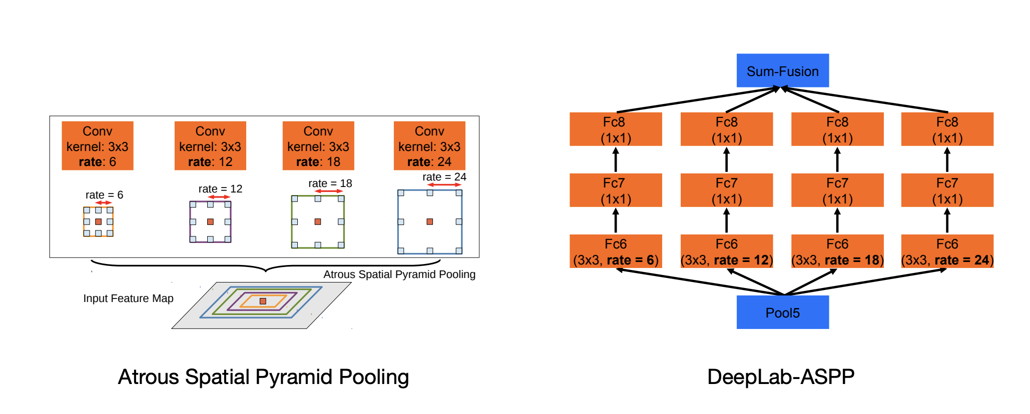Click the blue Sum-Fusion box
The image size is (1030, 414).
click(x=782, y=70)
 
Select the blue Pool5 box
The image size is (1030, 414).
click(x=782, y=312)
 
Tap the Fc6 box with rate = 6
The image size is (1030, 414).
click(x=616, y=251)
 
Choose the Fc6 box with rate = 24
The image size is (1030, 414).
click(x=947, y=251)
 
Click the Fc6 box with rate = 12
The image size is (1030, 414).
click(x=726, y=251)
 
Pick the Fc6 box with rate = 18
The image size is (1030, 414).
click(x=837, y=251)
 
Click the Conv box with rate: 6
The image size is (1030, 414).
click(x=98, y=145)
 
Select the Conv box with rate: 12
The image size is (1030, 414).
click(x=210, y=145)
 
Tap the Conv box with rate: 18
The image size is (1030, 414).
click(x=318, y=145)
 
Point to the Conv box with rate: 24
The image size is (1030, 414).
click(x=429, y=145)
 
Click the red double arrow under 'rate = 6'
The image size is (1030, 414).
click(x=104, y=202)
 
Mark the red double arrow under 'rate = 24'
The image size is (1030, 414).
click(x=444, y=185)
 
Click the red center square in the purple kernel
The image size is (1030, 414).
click(x=210, y=221)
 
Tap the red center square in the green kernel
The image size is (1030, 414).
click(x=318, y=221)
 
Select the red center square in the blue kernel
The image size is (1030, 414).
click(x=429, y=221)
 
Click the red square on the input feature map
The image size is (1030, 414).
click(x=263, y=301)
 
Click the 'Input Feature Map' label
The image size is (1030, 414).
click(x=128, y=298)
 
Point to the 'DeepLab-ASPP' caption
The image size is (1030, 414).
click(x=781, y=377)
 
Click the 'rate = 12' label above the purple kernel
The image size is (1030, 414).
click(x=220, y=189)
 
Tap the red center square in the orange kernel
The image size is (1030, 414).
click(x=98, y=221)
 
